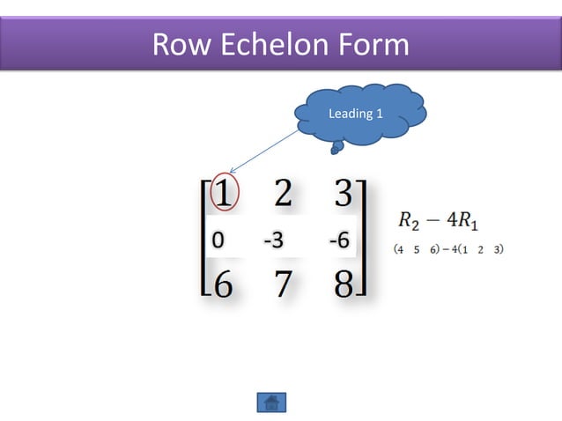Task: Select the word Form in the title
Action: pos(373,44)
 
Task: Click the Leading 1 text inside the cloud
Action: pos(355,114)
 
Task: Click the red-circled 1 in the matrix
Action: pos(224,191)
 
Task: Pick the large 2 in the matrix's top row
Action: pos(282,193)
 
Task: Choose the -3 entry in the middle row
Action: pos(273,240)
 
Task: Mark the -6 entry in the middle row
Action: pos(337,240)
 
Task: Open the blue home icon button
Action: pos(271,403)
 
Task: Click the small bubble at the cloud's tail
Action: pos(335,150)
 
